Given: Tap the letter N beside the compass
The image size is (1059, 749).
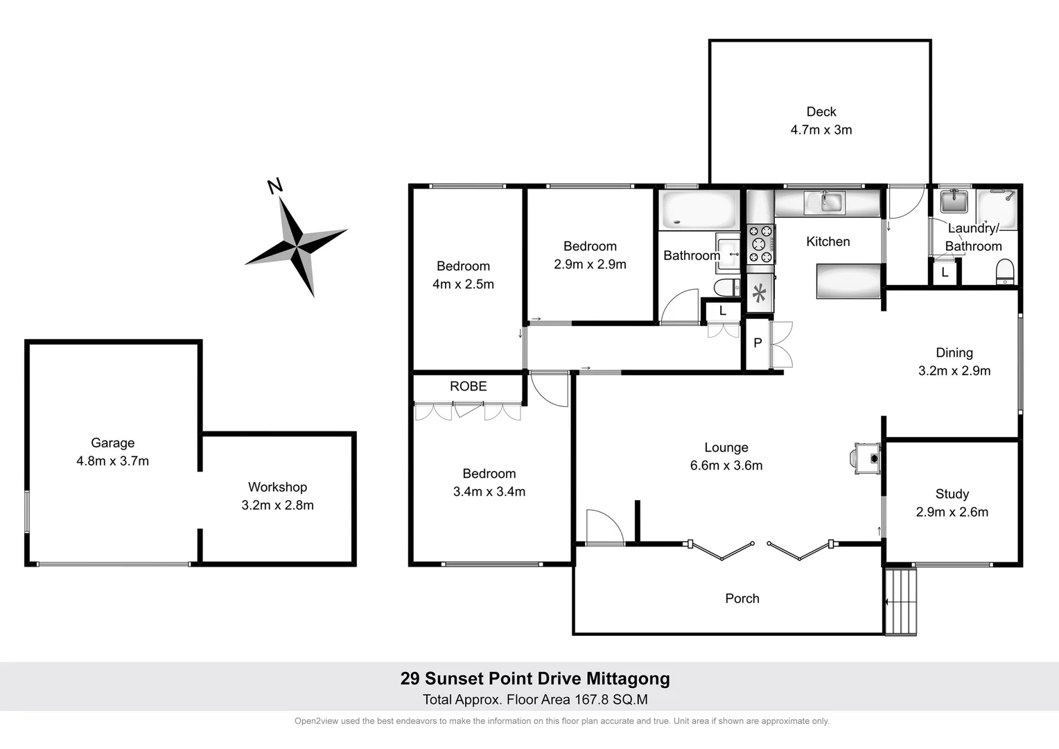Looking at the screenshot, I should (x=275, y=185).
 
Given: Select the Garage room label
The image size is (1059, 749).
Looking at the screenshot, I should (x=112, y=443).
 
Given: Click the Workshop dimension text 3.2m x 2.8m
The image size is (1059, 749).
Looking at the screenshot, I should (x=277, y=506).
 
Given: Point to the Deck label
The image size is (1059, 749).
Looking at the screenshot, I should (x=821, y=112).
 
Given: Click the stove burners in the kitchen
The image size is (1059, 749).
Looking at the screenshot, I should (x=760, y=244).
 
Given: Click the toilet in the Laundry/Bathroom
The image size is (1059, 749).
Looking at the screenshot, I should (x=1004, y=272).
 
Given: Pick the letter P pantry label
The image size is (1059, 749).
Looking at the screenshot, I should (x=758, y=343).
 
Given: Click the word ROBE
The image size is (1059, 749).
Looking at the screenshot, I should (x=469, y=386).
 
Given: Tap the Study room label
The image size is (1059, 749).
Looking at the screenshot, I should (x=952, y=494).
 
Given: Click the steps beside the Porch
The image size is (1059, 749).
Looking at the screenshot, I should (x=901, y=601).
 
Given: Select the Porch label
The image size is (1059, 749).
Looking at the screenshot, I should (x=742, y=599).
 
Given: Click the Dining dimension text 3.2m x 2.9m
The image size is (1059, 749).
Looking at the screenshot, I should (x=954, y=371).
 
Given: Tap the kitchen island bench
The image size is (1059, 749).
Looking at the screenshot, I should (x=848, y=281).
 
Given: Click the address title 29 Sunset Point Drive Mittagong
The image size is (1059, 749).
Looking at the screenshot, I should (x=535, y=678).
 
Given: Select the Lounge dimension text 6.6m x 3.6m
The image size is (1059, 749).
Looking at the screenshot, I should (x=726, y=466).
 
